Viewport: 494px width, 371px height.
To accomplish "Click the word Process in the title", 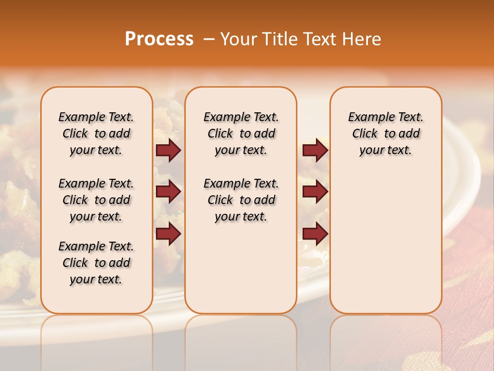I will click(159, 39).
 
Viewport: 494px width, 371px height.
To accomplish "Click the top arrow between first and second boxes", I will click(168, 150).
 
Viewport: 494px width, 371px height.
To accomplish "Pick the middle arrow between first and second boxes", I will click(168, 192).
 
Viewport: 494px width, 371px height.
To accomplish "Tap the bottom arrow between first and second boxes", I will click(168, 234).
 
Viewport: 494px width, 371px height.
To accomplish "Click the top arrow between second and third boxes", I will click(315, 150).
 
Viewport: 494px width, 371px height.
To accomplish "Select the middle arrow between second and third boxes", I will click(315, 192).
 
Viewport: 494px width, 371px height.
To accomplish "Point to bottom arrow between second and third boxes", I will click(315, 234).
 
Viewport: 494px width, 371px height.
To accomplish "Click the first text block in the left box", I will click(96, 133).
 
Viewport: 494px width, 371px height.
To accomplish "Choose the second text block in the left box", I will click(96, 200).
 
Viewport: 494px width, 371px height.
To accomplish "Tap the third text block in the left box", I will click(96, 263).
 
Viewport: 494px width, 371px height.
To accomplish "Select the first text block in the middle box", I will click(241, 133).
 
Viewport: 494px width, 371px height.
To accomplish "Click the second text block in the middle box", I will click(241, 200).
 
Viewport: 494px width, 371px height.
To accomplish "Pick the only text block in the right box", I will click(386, 133).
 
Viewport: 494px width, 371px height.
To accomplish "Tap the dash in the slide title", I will click(209, 39).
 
